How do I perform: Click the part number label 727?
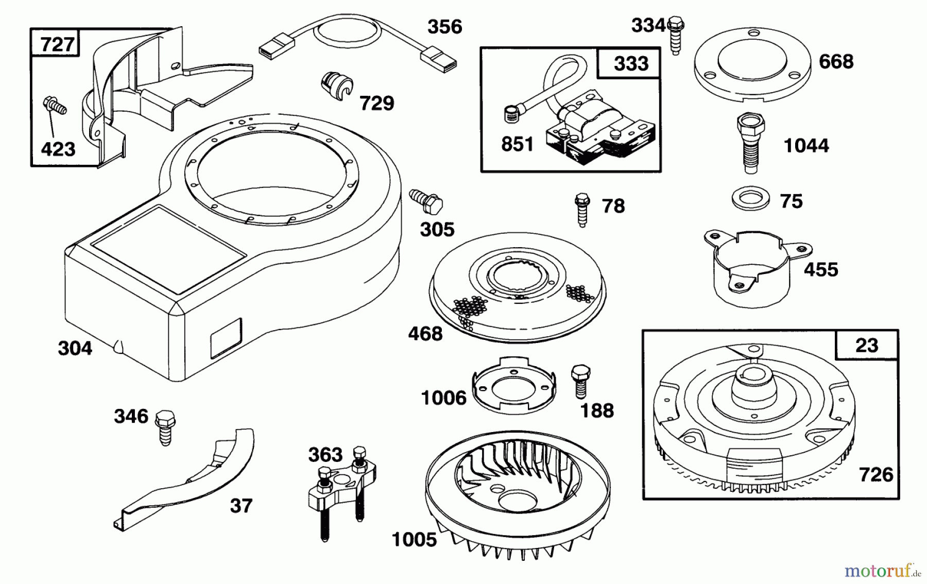57,44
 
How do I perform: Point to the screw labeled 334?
675,33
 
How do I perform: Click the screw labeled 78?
582,209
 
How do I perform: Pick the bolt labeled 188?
580,381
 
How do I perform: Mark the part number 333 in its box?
631,64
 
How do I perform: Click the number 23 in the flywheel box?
867,345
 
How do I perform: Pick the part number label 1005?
414,540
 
